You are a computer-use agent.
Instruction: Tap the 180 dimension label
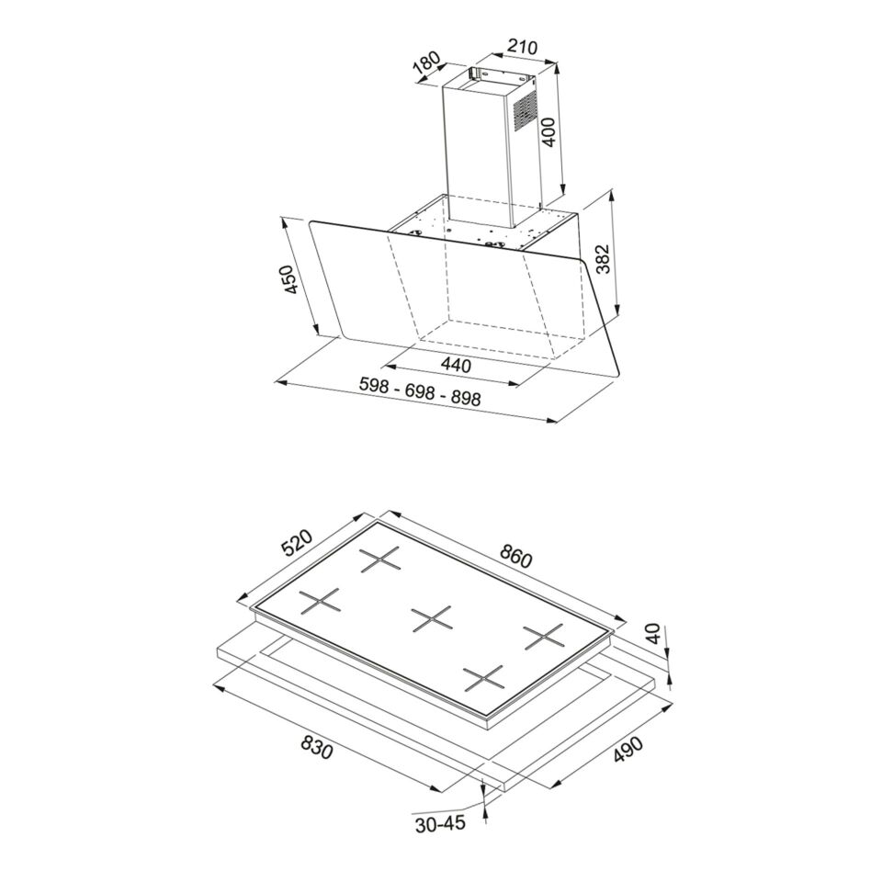(427, 64)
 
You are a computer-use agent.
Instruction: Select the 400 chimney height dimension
(548, 132)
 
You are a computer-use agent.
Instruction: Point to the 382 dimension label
(602, 258)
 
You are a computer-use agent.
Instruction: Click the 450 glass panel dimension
(288, 279)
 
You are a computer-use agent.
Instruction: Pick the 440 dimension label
(455, 365)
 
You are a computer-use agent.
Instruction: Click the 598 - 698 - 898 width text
(420, 391)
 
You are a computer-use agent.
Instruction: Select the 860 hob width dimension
(514, 557)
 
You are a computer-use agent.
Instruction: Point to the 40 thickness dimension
(653, 633)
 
